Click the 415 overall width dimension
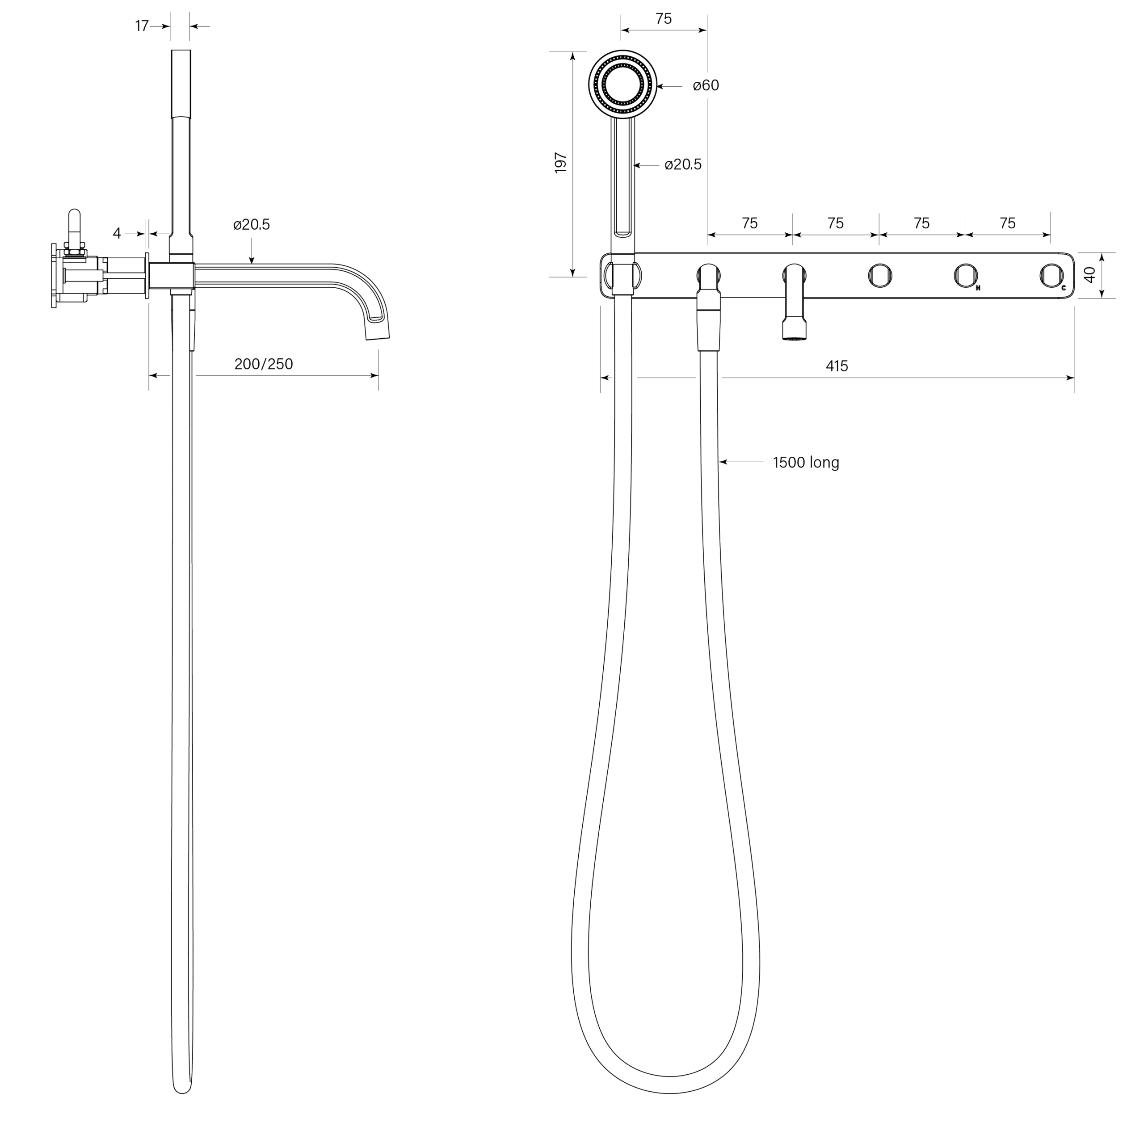point(836,366)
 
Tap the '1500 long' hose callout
point(806,463)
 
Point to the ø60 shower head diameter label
point(706,86)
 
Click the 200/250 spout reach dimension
point(264,364)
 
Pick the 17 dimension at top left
point(142,26)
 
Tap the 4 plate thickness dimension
point(117,234)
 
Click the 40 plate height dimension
point(1089,275)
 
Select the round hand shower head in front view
point(623,84)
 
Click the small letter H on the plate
point(978,288)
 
